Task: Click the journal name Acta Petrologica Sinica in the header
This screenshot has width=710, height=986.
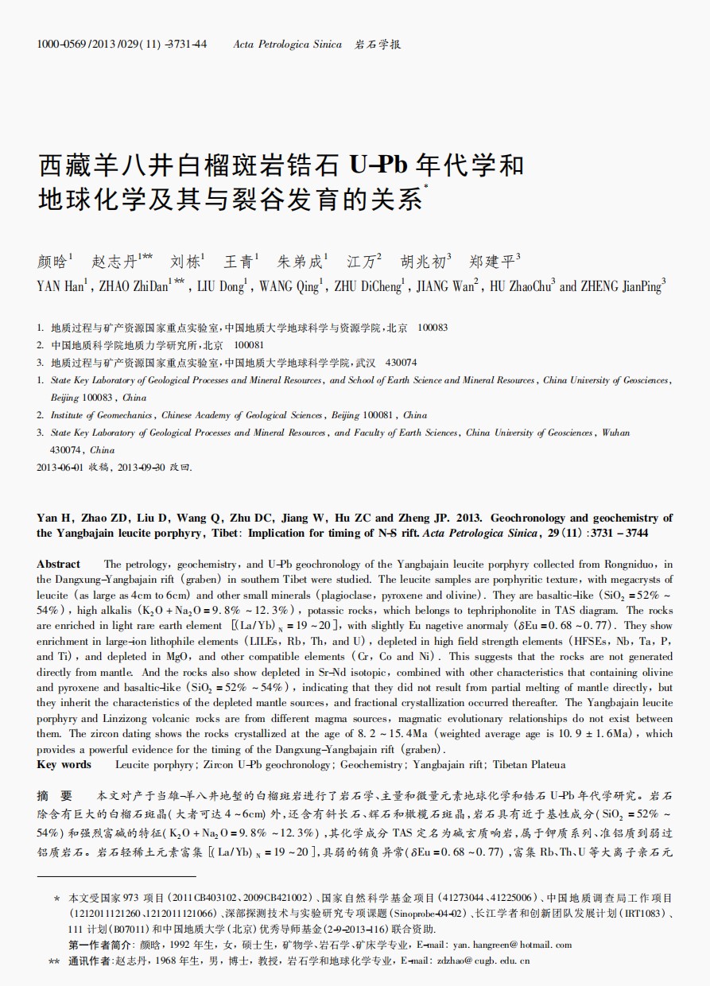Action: (x=288, y=45)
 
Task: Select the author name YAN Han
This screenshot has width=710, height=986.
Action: (x=60, y=287)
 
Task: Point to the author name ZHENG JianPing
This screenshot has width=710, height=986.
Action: (x=623, y=287)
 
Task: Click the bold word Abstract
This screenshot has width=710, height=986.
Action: (x=58, y=564)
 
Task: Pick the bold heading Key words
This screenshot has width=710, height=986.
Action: (x=64, y=765)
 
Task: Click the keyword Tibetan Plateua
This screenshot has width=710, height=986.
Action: (x=529, y=765)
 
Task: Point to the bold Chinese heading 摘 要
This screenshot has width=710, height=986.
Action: (x=55, y=795)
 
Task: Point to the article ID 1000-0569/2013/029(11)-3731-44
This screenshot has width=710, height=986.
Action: (x=122, y=45)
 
